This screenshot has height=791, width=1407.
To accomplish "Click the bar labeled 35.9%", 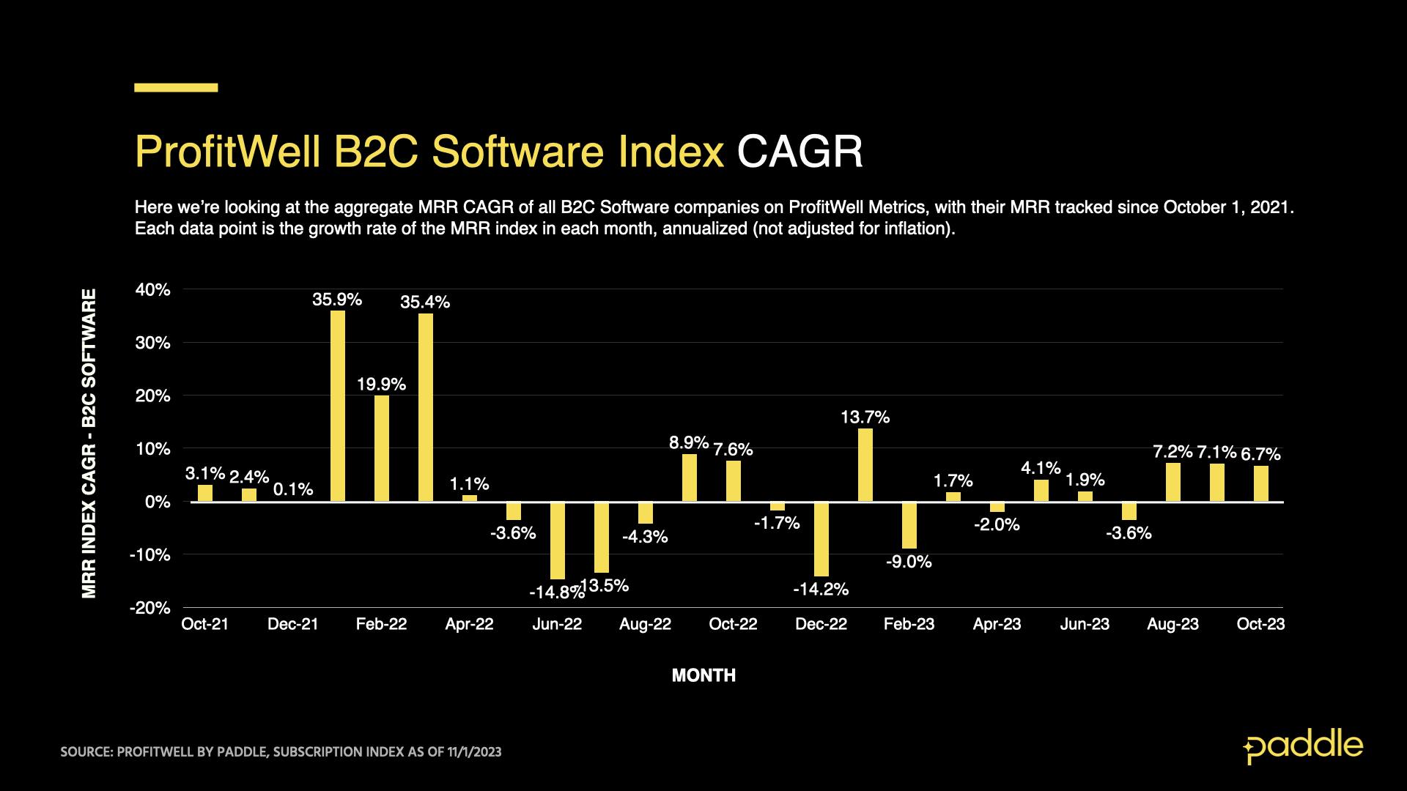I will click(x=337, y=406).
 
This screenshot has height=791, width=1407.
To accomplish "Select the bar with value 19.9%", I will click(x=381, y=448).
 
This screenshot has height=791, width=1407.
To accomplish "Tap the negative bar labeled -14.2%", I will click(x=821, y=539).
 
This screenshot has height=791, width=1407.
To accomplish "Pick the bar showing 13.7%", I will click(x=865, y=465).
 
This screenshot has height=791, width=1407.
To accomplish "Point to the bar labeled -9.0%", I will click(x=909, y=525).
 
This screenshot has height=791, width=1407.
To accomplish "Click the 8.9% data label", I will click(x=689, y=442).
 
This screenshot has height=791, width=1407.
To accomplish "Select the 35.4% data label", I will click(x=425, y=302).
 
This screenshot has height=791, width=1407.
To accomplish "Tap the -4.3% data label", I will click(x=645, y=537).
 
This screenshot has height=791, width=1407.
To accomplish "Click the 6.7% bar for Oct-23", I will click(x=1260, y=483).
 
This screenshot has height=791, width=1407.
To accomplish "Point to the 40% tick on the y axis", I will click(x=152, y=290).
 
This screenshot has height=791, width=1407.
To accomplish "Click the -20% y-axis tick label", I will click(x=149, y=608).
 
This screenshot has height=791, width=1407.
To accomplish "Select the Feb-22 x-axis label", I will click(x=381, y=624).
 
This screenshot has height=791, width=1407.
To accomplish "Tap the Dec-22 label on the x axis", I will click(x=821, y=624).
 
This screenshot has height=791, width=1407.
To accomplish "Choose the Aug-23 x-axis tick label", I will click(x=1172, y=624).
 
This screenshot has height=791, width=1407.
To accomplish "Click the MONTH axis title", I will click(x=703, y=675).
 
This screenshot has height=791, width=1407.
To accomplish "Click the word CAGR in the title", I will click(x=799, y=152).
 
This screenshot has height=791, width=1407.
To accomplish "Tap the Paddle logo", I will click(x=1303, y=746).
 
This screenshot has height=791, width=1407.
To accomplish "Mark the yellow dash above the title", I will click(x=176, y=88).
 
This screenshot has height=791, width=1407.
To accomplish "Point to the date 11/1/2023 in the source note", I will click(x=474, y=752).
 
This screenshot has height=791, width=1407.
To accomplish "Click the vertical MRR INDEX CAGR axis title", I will click(x=89, y=443).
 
